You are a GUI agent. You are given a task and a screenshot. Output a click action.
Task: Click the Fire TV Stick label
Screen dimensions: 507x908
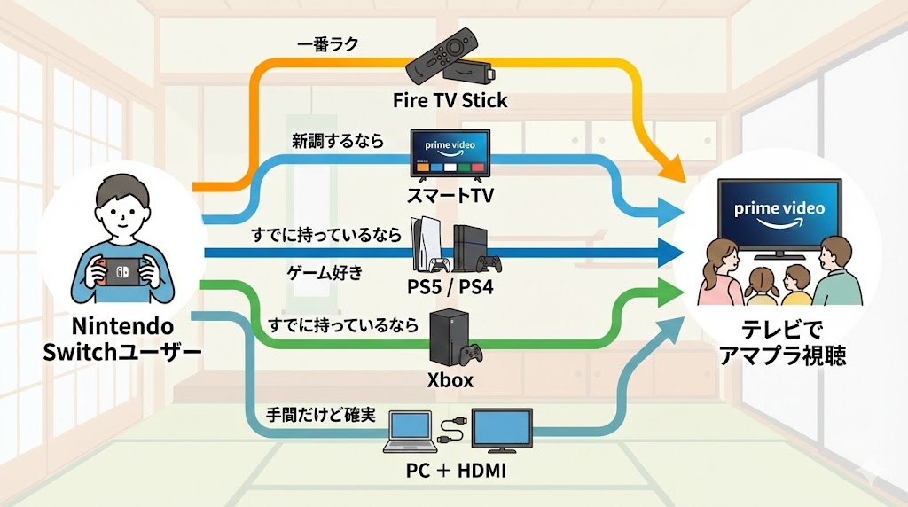pos(450,100)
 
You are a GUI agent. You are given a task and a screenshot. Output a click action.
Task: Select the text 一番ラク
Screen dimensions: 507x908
pos(328,44)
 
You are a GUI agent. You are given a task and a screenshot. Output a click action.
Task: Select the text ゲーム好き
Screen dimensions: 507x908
pos(326,272)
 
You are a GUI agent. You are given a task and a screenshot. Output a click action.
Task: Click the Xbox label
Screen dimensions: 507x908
pos(450,381)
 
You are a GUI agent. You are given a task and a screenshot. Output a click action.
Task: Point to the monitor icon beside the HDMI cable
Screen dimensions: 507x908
pos(501,429)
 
